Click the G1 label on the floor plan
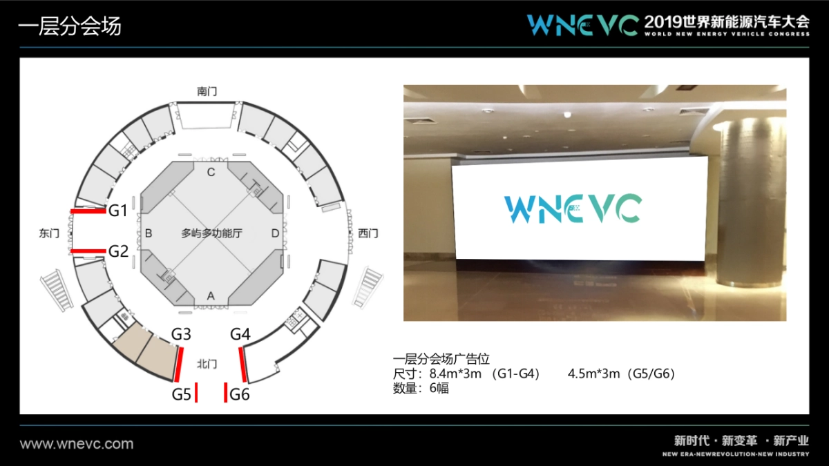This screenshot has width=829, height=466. coord(118,211)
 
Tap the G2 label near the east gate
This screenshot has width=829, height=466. coord(118,251)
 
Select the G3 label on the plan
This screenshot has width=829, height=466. coord(181,334)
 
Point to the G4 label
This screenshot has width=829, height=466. coord(240,334)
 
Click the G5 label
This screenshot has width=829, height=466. coord(181,394)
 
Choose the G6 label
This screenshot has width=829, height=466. coord(240,394)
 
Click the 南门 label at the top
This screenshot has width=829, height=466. coord(207,90)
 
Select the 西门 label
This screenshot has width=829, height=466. coord(368,233)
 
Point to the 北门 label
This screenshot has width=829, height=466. coord(207,363)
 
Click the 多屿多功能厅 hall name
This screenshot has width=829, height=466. coord(211,233)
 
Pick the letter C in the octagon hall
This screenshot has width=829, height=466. coord(211,172)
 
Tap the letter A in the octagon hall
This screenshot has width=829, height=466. coord(211,295)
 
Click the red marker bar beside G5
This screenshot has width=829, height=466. coord(196,393)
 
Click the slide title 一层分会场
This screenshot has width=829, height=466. coord(70,26)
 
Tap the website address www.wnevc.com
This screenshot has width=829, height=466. coord(77,444)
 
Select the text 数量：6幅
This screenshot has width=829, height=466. coord(421,388)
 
